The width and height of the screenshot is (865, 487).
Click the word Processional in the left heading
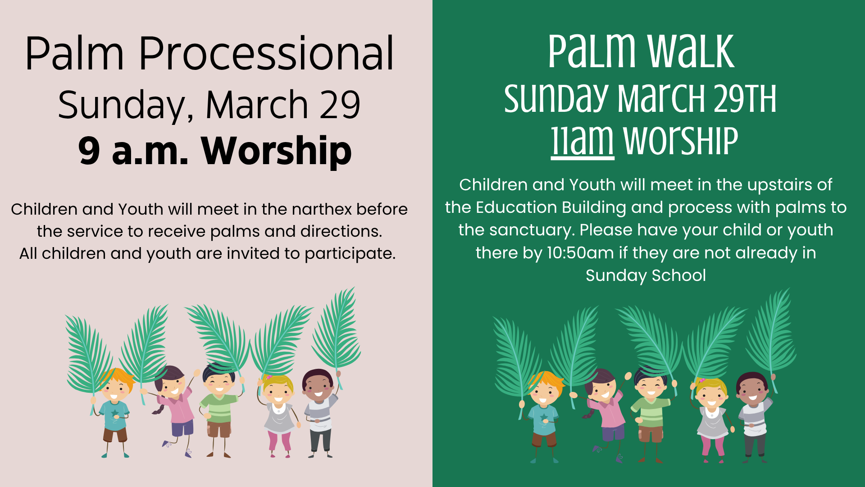coord(266,54)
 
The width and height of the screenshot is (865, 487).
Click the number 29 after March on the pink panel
coord(340,105)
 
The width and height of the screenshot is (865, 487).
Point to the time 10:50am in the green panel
coord(580,253)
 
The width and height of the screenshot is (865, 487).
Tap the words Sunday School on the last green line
coord(646,275)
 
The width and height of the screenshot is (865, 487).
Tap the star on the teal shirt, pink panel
coord(115,413)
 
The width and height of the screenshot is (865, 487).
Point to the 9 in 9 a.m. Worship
coord(89,151)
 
